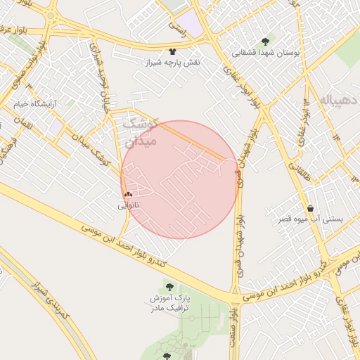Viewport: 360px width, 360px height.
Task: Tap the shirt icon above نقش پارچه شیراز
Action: point(173,51)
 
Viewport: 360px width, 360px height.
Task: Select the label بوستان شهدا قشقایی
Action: point(266,52)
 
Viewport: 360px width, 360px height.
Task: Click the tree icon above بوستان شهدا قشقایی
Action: point(264,41)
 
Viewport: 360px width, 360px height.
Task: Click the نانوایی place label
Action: point(129,205)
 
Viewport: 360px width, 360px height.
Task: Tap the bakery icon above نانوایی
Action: point(128,195)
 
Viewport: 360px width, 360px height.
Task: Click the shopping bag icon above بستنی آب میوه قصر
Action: point(310,208)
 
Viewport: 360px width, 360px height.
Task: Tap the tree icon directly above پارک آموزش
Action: point(169,285)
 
